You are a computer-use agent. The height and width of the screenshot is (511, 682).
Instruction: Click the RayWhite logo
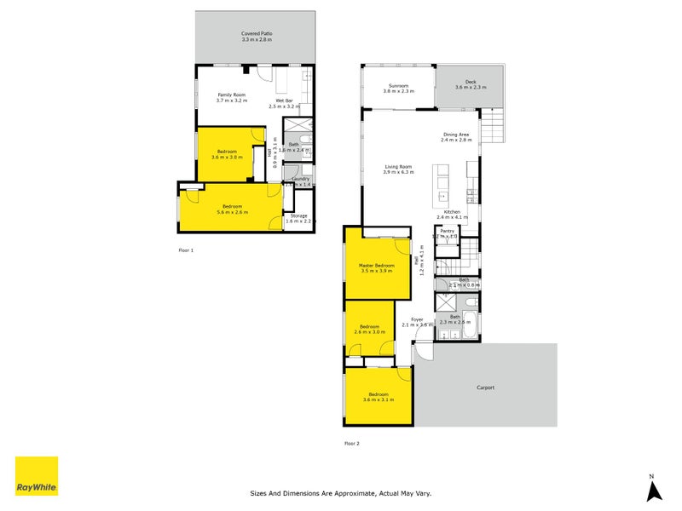pyautogui.click(x=37, y=476)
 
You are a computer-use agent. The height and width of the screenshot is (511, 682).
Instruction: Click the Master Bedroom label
pyautogui.click(x=378, y=267)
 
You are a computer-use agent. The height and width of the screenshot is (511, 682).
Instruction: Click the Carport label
pyautogui.click(x=485, y=388)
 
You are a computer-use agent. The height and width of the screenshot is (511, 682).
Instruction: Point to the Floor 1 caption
pyautogui.click(x=186, y=250)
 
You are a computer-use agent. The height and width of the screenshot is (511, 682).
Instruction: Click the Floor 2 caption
pyautogui.click(x=352, y=443)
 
